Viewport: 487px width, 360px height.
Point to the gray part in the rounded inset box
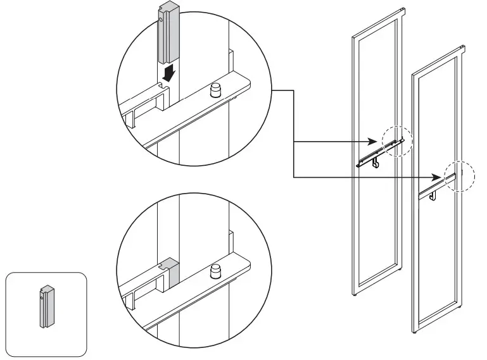[45, 307]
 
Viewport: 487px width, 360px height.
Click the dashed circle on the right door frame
[459, 174]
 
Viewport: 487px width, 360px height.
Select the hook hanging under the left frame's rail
[376, 164]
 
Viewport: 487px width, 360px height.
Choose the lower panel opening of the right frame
[437, 259]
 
